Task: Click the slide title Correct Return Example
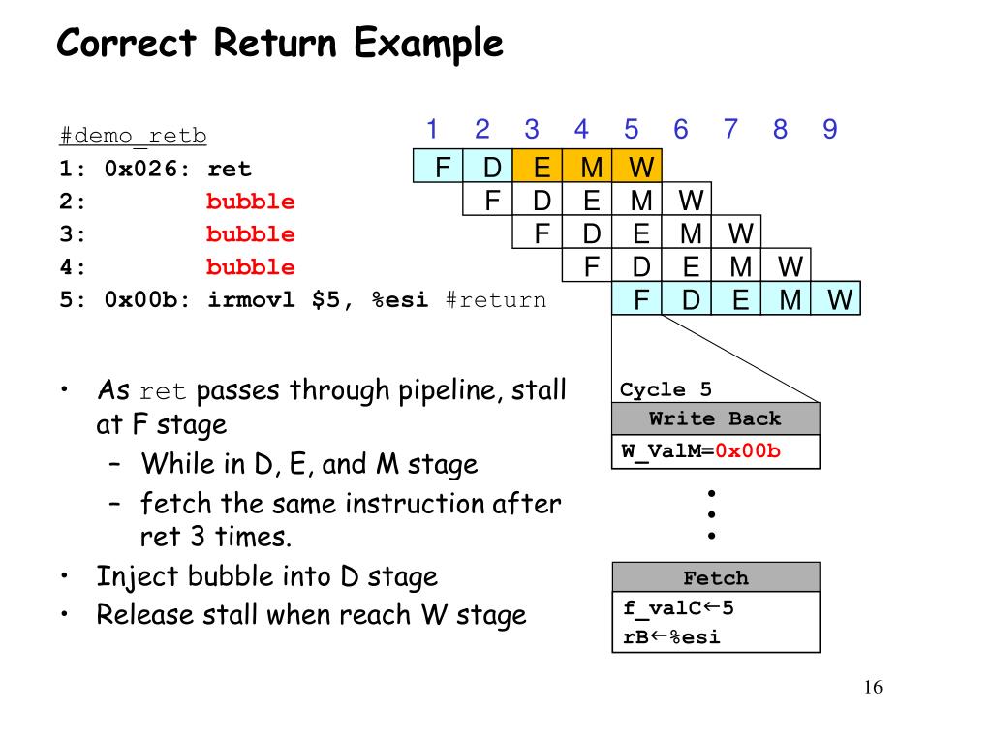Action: click(x=280, y=44)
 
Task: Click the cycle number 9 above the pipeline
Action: click(x=829, y=129)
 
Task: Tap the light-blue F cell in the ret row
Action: click(x=442, y=168)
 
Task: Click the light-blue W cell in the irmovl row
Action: click(x=839, y=300)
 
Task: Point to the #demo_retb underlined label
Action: click(x=133, y=136)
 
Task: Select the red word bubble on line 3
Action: click(x=250, y=234)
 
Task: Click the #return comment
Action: click(x=496, y=300)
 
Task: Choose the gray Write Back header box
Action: click(x=715, y=419)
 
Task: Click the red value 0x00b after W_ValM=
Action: click(x=748, y=450)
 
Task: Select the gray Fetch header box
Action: click(x=715, y=578)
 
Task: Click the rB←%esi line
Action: click(x=672, y=636)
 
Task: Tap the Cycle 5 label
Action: click(x=666, y=390)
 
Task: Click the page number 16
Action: click(x=873, y=688)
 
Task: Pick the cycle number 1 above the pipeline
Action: click(x=432, y=129)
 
